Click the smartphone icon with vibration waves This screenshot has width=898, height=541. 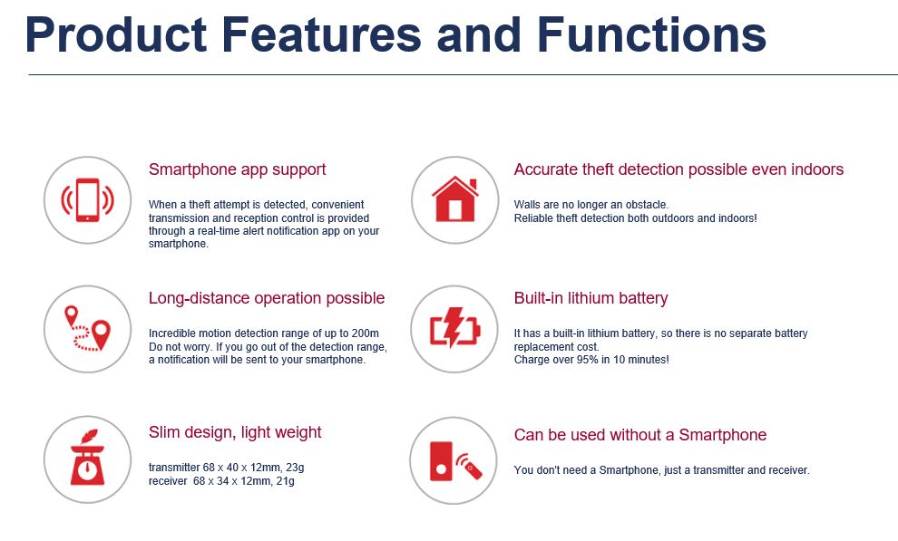(x=88, y=200)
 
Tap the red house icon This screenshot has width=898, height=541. (x=455, y=199)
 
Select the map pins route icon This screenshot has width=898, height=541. (x=88, y=328)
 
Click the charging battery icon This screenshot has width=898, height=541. (x=454, y=328)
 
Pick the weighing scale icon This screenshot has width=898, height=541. (x=87, y=458)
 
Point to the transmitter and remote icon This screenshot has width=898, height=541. (x=455, y=461)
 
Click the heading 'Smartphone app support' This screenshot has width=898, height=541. (x=237, y=169)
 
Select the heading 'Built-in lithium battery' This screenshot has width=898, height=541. (x=591, y=298)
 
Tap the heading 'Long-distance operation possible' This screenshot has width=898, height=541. (x=267, y=298)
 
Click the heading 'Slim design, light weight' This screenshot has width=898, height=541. (x=235, y=432)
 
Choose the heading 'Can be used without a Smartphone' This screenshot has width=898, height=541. (x=640, y=435)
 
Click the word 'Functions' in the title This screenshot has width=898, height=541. (x=652, y=34)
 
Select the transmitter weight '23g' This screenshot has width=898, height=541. (x=295, y=468)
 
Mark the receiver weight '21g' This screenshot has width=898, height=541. (x=285, y=481)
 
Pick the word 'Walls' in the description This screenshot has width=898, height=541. (x=526, y=205)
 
